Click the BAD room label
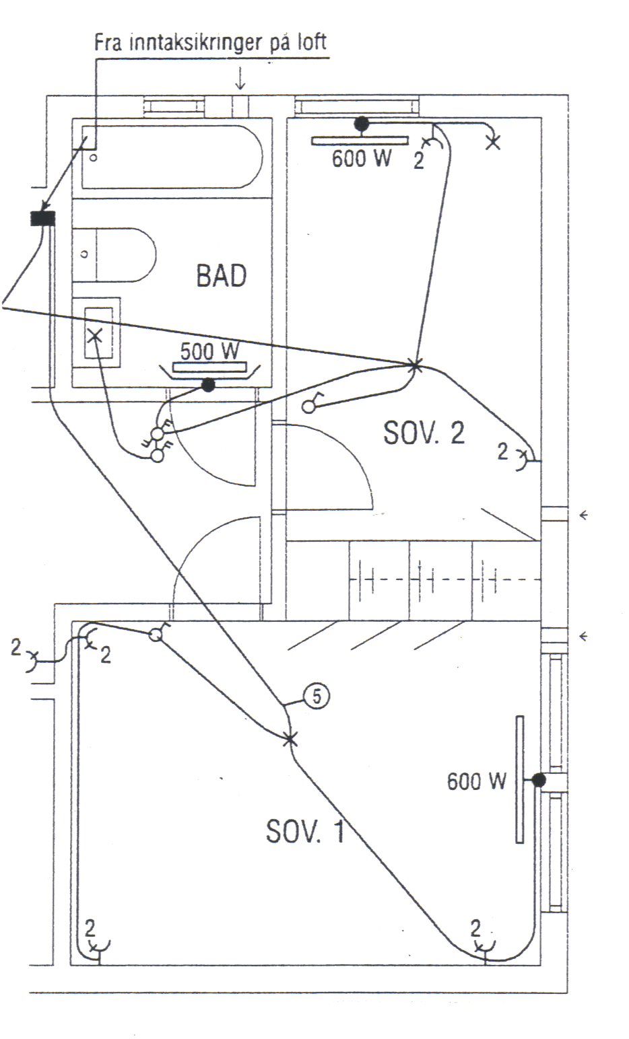(x=221, y=276)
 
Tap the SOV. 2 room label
(x=424, y=433)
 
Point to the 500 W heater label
(x=210, y=352)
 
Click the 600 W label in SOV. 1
(x=476, y=781)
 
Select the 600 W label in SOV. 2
(x=361, y=159)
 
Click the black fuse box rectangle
(x=43, y=218)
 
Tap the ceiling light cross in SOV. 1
(x=290, y=739)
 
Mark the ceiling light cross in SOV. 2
(x=413, y=365)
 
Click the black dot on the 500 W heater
(x=207, y=385)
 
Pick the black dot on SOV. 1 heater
(x=538, y=780)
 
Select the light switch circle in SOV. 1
(x=156, y=635)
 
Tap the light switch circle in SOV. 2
(x=309, y=406)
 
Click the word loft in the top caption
(x=308, y=42)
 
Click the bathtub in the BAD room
(x=172, y=157)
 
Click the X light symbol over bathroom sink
(x=94, y=334)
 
